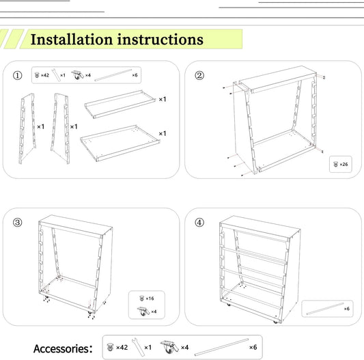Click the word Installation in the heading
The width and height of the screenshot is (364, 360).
(x=72, y=39)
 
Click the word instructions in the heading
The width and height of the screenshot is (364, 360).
(x=160, y=39)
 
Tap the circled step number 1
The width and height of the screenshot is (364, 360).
(x=17, y=75)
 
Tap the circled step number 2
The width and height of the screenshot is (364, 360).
(x=199, y=75)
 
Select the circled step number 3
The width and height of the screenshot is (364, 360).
(x=17, y=223)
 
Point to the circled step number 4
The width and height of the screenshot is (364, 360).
(x=199, y=223)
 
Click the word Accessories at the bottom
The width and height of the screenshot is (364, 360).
(x=61, y=348)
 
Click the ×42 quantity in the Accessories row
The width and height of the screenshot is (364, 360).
(x=122, y=348)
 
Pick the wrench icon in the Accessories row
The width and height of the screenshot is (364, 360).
(x=138, y=347)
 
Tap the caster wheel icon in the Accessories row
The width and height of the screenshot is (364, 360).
(x=169, y=347)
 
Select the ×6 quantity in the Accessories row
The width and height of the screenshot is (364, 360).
(x=253, y=347)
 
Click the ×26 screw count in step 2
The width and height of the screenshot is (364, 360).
(x=344, y=165)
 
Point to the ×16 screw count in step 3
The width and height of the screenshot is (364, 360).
(x=150, y=299)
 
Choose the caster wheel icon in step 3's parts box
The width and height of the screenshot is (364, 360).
(x=143, y=311)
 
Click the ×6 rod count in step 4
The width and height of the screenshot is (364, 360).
(x=347, y=309)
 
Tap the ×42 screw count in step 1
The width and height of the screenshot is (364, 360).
(x=45, y=75)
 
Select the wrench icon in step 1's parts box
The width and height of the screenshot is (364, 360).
(x=56, y=75)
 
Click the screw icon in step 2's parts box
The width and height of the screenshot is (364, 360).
(x=335, y=165)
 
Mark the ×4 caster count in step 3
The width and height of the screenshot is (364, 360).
(x=154, y=311)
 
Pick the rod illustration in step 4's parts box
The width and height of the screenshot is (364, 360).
(x=325, y=309)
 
